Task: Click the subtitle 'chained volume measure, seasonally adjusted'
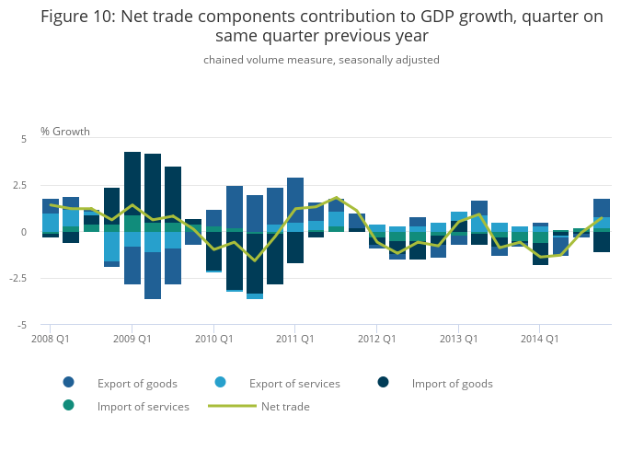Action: coord(322,60)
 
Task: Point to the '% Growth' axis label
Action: coord(65,132)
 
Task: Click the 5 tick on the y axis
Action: coord(24,138)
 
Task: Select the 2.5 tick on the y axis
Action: coord(20,185)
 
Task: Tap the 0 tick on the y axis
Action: coord(24,232)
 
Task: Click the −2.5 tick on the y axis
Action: coord(18,279)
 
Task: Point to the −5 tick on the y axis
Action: coord(22,326)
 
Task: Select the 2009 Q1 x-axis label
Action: coord(132,339)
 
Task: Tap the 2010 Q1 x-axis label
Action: coord(213,339)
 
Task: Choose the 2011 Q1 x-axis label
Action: coord(294,339)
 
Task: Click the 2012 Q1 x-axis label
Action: coord(376,339)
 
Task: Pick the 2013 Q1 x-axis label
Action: coord(458,339)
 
